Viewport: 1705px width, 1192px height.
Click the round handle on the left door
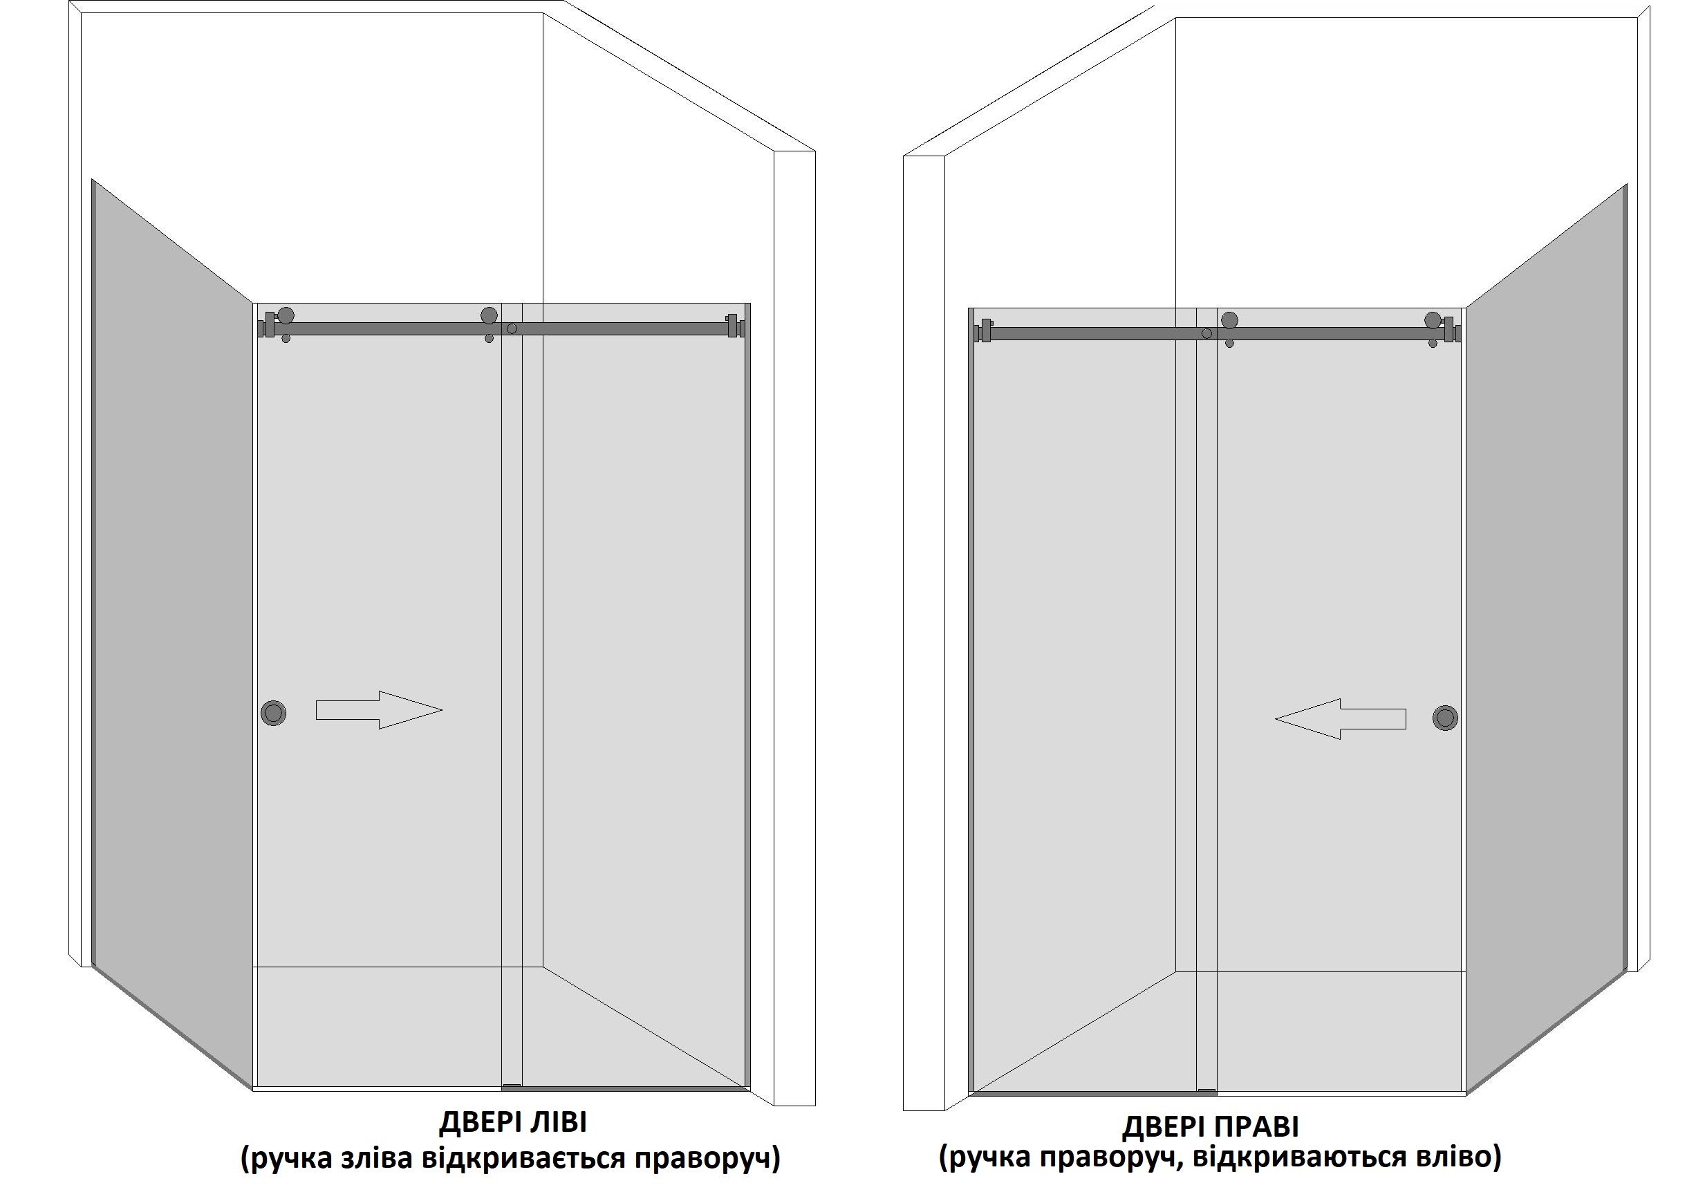point(273,713)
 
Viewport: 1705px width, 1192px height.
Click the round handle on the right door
point(1445,718)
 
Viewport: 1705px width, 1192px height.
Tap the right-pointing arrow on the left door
point(379,710)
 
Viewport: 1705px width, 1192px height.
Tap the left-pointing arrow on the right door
point(1341,719)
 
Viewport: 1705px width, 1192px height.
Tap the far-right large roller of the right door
point(1433,320)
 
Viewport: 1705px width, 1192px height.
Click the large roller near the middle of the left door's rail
point(489,316)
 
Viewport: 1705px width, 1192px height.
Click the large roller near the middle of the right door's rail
point(1230,320)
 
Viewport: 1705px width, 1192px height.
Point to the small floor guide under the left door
point(512,1086)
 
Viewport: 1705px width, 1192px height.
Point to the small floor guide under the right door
point(1206,1091)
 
